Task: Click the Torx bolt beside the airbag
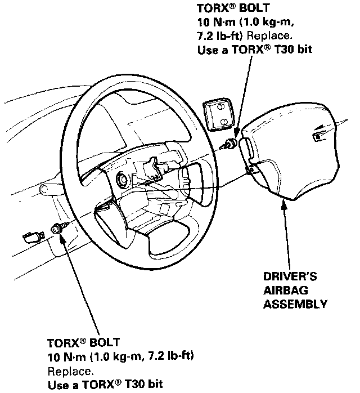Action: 230,143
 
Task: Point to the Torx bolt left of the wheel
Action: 57,228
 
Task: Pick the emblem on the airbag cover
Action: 320,136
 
